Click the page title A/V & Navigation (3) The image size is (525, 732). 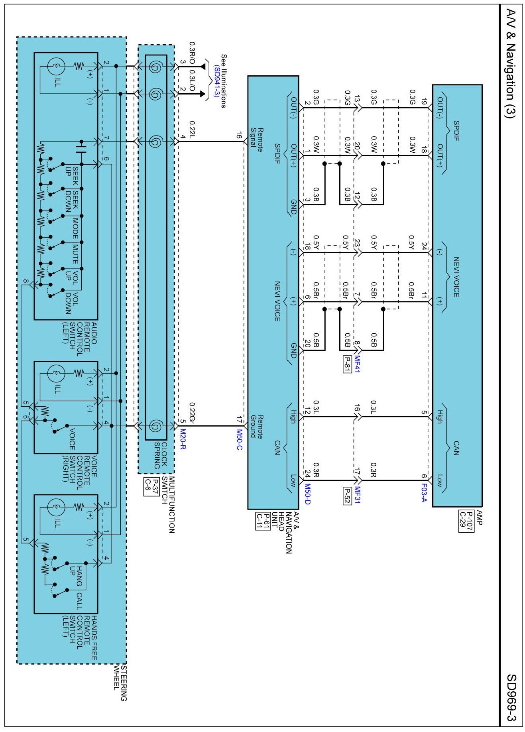coord(511,63)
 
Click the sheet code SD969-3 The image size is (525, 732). coord(511,697)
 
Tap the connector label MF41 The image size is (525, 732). coord(357,364)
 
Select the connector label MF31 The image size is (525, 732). coord(357,495)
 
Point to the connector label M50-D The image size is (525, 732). coord(307,494)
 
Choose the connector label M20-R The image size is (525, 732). coord(183,439)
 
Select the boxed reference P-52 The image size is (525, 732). coord(347,495)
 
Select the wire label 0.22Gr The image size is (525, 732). coord(192,413)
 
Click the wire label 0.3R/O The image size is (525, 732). coord(192,53)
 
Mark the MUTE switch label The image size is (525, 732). coord(75,254)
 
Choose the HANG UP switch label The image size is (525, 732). coord(76,576)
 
